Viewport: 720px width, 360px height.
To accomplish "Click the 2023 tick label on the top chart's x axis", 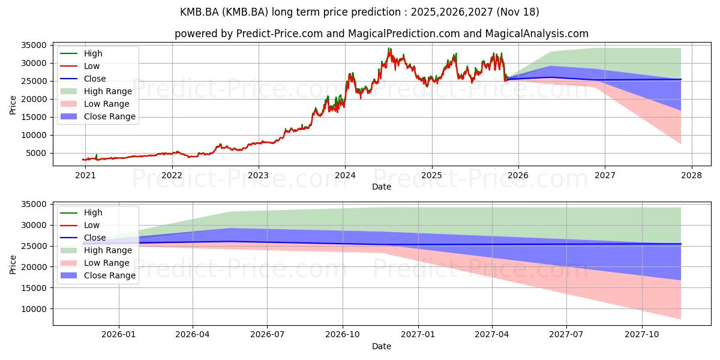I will [259, 175].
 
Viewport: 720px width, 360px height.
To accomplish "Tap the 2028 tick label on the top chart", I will [691, 175].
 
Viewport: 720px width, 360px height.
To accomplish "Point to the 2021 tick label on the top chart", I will [85, 175].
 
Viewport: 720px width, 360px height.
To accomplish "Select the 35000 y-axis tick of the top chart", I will [35, 45].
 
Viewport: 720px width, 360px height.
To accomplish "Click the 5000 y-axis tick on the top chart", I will [37, 153].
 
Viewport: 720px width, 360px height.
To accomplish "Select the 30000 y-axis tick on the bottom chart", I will [35, 225].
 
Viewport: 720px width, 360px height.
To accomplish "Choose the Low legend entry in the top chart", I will [92, 66].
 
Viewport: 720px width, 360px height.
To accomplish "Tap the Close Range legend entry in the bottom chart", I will [109, 275].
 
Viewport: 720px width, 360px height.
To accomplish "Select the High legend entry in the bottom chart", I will [93, 212].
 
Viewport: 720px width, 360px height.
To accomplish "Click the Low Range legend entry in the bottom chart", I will [107, 263].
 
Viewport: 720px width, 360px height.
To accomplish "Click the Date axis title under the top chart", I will [382, 187].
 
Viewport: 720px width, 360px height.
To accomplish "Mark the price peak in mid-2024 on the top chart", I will [389, 49].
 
